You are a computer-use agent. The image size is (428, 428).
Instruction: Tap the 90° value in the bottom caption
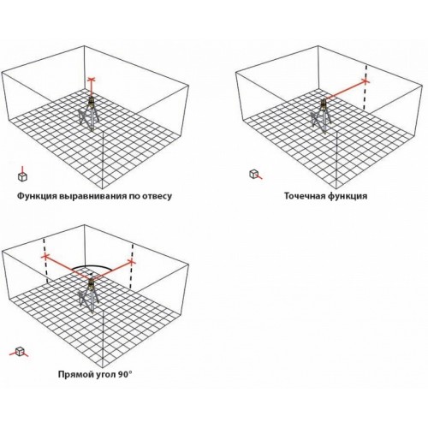click(124, 374)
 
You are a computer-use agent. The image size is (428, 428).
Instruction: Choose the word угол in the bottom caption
click(104, 375)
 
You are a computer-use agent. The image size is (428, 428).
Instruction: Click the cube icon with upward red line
click(22, 175)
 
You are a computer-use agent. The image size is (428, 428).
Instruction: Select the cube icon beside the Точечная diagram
click(255, 174)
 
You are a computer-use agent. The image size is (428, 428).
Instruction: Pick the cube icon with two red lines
click(19, 352)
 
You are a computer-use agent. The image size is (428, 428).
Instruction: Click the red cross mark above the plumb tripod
click(91, 79)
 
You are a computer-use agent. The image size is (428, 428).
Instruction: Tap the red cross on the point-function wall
click(366, 81)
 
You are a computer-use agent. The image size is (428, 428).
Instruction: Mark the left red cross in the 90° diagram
click(45, 257)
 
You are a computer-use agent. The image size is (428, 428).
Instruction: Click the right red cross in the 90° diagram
click(132, 262)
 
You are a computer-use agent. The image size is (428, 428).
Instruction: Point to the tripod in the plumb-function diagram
click(90, 114)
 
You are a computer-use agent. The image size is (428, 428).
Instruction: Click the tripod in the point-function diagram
click(321, 116)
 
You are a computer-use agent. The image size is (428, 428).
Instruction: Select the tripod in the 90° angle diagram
click(89, 295)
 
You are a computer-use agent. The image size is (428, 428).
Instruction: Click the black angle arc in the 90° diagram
click(91, 265)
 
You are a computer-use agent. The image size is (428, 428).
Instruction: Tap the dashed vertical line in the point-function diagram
click(365, 87)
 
